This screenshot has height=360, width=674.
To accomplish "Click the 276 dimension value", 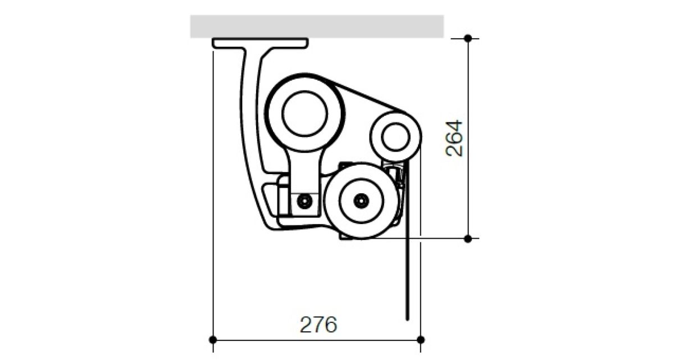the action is (318, 325).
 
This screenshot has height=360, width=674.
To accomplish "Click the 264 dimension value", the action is (454, 138).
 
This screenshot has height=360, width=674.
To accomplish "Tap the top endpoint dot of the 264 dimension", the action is (467, 39).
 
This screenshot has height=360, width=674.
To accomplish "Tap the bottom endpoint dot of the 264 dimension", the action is (467, 239).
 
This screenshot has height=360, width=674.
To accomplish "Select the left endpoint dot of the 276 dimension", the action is (213, 340).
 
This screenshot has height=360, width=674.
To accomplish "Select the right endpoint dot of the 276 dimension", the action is (421, 340).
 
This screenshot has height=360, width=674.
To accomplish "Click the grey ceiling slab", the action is (317, 26).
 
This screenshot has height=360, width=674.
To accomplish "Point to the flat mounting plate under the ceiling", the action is (260, 43).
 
